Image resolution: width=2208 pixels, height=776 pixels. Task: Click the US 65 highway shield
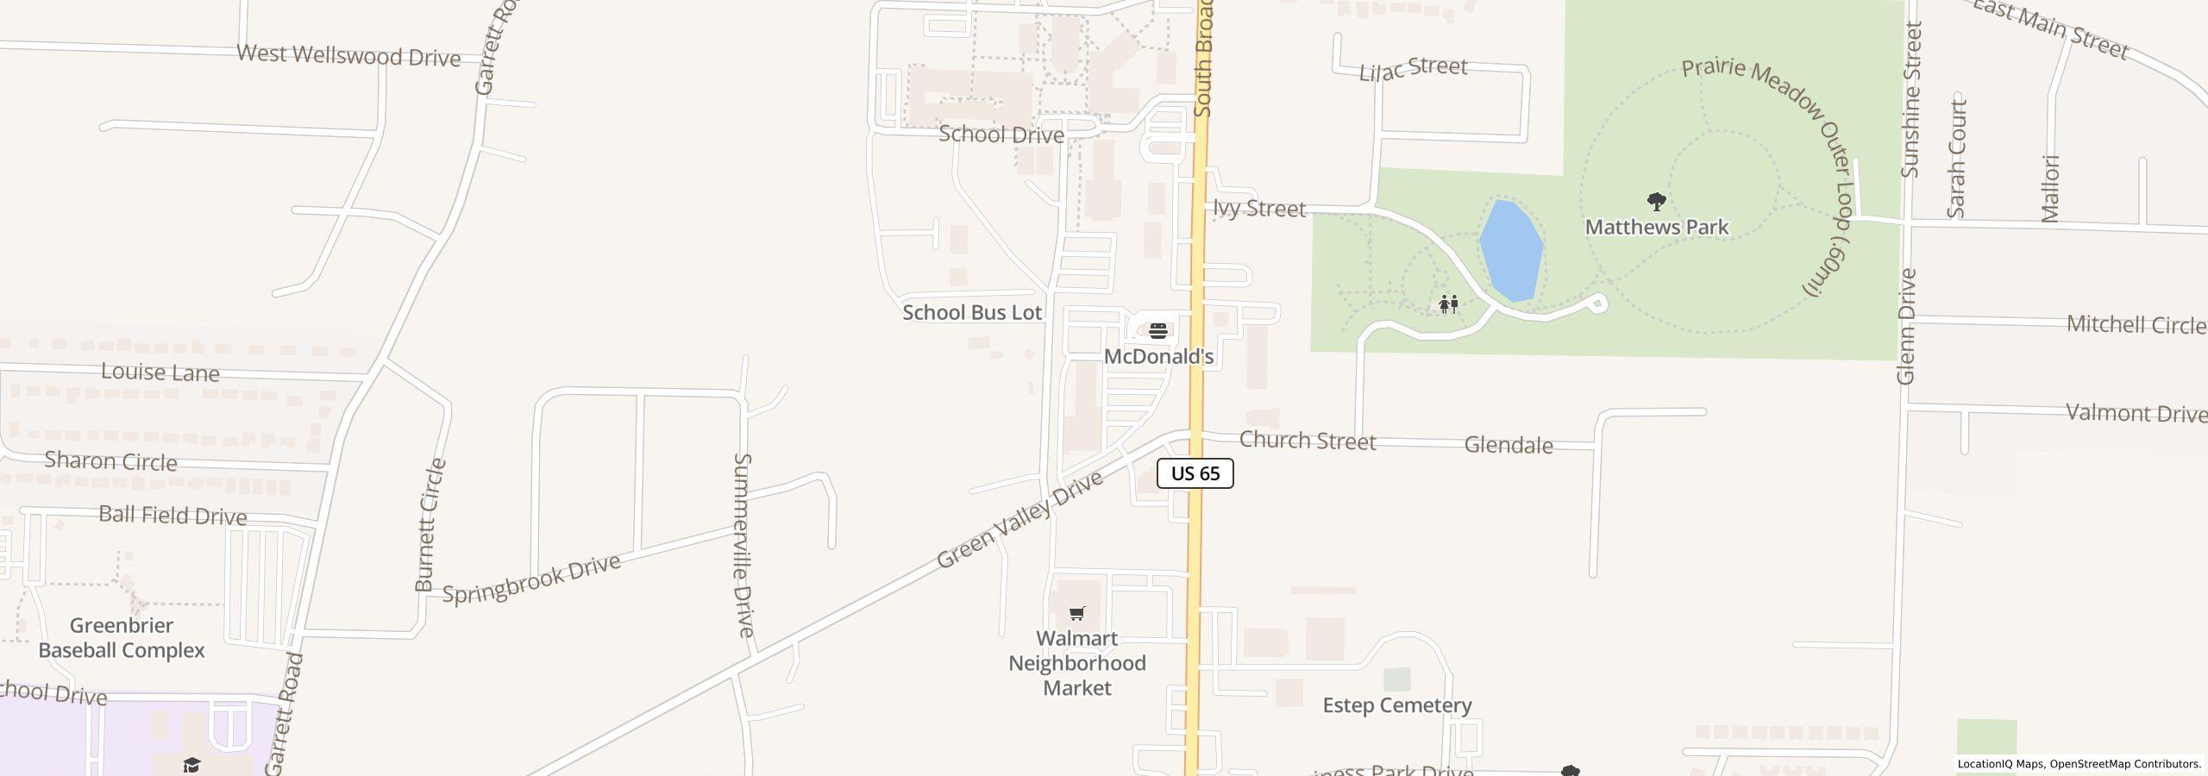[x=1195, y=473]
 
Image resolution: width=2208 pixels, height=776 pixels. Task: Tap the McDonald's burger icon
[x=1158, y=330]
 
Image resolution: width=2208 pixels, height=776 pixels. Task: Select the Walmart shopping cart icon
[x=1076, y=614]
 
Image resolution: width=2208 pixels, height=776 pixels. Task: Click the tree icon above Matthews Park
[x=1656, y=202]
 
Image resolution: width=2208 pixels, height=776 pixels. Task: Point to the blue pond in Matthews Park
[x=1511, y=251]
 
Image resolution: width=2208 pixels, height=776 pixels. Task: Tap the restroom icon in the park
[x=1448, y=304]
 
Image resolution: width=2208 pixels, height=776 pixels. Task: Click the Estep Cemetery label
[x=1396, y=705]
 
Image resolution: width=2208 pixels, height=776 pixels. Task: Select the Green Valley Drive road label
[x=1019, y=520]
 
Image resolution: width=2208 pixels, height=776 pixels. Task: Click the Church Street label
[x=1307, y=441]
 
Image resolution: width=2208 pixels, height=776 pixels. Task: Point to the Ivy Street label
[x=1258, y=209]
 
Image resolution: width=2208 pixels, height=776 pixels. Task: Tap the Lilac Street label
[x=1413, y=69]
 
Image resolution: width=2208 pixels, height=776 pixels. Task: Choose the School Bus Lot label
[x=972, y=312]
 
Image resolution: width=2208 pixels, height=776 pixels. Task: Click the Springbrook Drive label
[x=531, y=579]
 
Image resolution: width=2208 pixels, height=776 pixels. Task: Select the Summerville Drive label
[x=743, y=545]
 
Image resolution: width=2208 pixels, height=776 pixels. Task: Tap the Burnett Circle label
[x=430, y=525]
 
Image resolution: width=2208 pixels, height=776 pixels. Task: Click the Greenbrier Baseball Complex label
[x=122, y=638]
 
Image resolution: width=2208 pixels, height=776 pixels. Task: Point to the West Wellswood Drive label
[x=348, y=56]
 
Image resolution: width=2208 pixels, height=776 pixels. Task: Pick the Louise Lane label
[x=160, y=372]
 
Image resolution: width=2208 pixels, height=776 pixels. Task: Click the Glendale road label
[x=1509, y=445]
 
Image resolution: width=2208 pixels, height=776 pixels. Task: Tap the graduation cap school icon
[x=191, y=765]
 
